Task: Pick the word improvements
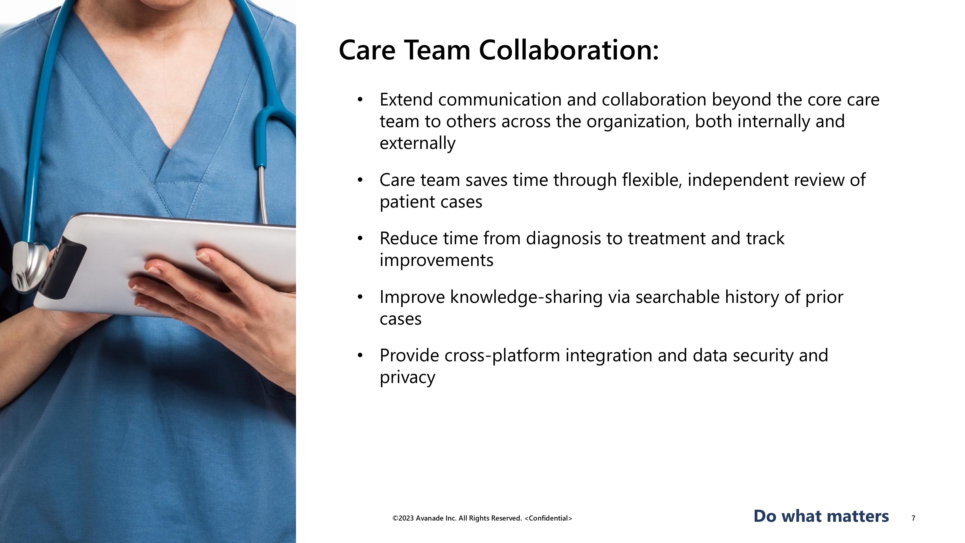436,260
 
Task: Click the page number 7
914,518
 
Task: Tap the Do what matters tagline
821,516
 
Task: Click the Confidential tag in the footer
548,518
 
